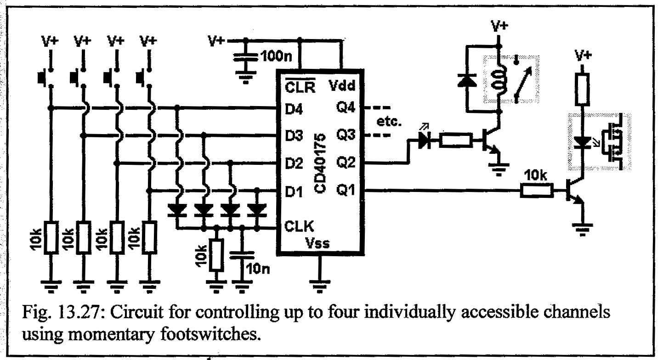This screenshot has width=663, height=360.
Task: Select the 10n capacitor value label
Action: [258, 268]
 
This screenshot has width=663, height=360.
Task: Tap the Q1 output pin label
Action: [346, 190]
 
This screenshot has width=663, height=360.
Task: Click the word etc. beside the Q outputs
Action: [389, 122]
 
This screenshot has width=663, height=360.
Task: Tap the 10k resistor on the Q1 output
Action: [537, 191]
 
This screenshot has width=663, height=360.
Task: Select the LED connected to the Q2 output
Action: [424, 141]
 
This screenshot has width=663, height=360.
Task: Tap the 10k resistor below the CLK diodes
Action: [215, 255]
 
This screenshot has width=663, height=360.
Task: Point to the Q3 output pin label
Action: [346, 136]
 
